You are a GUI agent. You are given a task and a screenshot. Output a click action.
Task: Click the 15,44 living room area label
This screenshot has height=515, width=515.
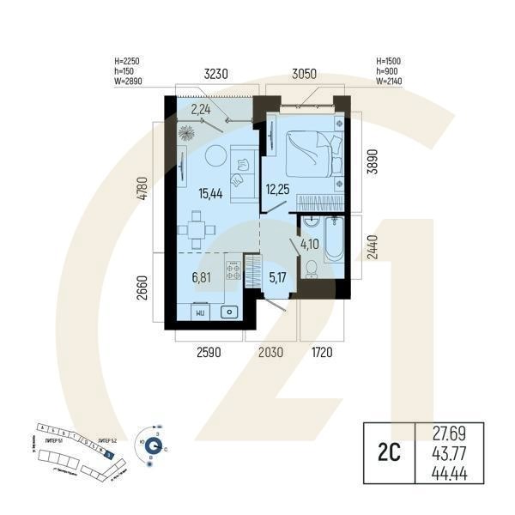[x=210, y=194]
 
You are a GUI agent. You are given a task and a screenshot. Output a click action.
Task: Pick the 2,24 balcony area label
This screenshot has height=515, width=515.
[x=201, y=109]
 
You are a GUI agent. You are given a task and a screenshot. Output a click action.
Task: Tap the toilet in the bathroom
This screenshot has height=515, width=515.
[x=312, y=270]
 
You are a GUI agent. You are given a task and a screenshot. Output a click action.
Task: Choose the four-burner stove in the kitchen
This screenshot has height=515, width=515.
[x=233, y=271]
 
